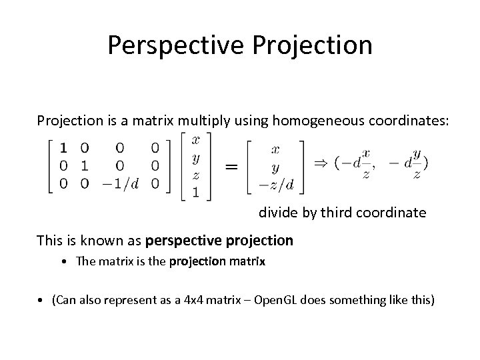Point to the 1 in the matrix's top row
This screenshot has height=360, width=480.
click(63, 147)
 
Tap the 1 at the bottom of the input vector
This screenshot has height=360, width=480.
click(195, 192)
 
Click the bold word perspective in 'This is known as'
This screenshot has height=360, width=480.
click(177, 239)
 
